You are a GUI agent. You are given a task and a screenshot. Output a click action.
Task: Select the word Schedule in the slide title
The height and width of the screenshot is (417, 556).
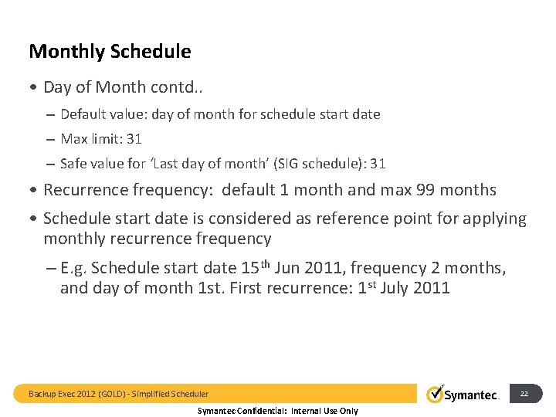click(151, 52)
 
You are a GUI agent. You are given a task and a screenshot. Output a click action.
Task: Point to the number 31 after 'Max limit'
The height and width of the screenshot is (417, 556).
click(134, 139)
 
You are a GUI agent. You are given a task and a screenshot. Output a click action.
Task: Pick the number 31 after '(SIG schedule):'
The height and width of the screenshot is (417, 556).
click(378, 164)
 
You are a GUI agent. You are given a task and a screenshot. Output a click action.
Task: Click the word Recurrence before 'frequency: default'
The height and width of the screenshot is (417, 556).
click(86, 190)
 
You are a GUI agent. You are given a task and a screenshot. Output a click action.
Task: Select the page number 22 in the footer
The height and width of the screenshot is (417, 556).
click(524, 394)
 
